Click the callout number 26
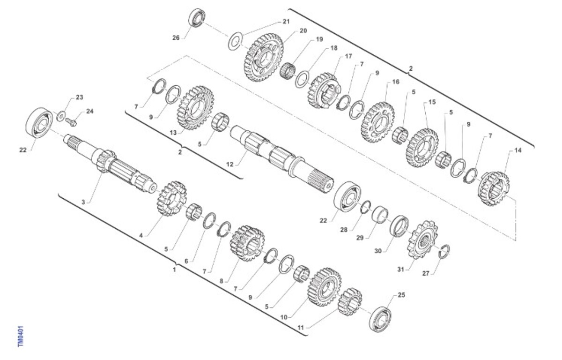(176, 37)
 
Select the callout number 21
(286, 22)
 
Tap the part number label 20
(303, 30)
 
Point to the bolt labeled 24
(71, 122)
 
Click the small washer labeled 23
(61, 116)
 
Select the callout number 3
(83, 202)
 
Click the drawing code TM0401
(21, 337)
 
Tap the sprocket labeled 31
(421, 240)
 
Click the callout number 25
(401, 295)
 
